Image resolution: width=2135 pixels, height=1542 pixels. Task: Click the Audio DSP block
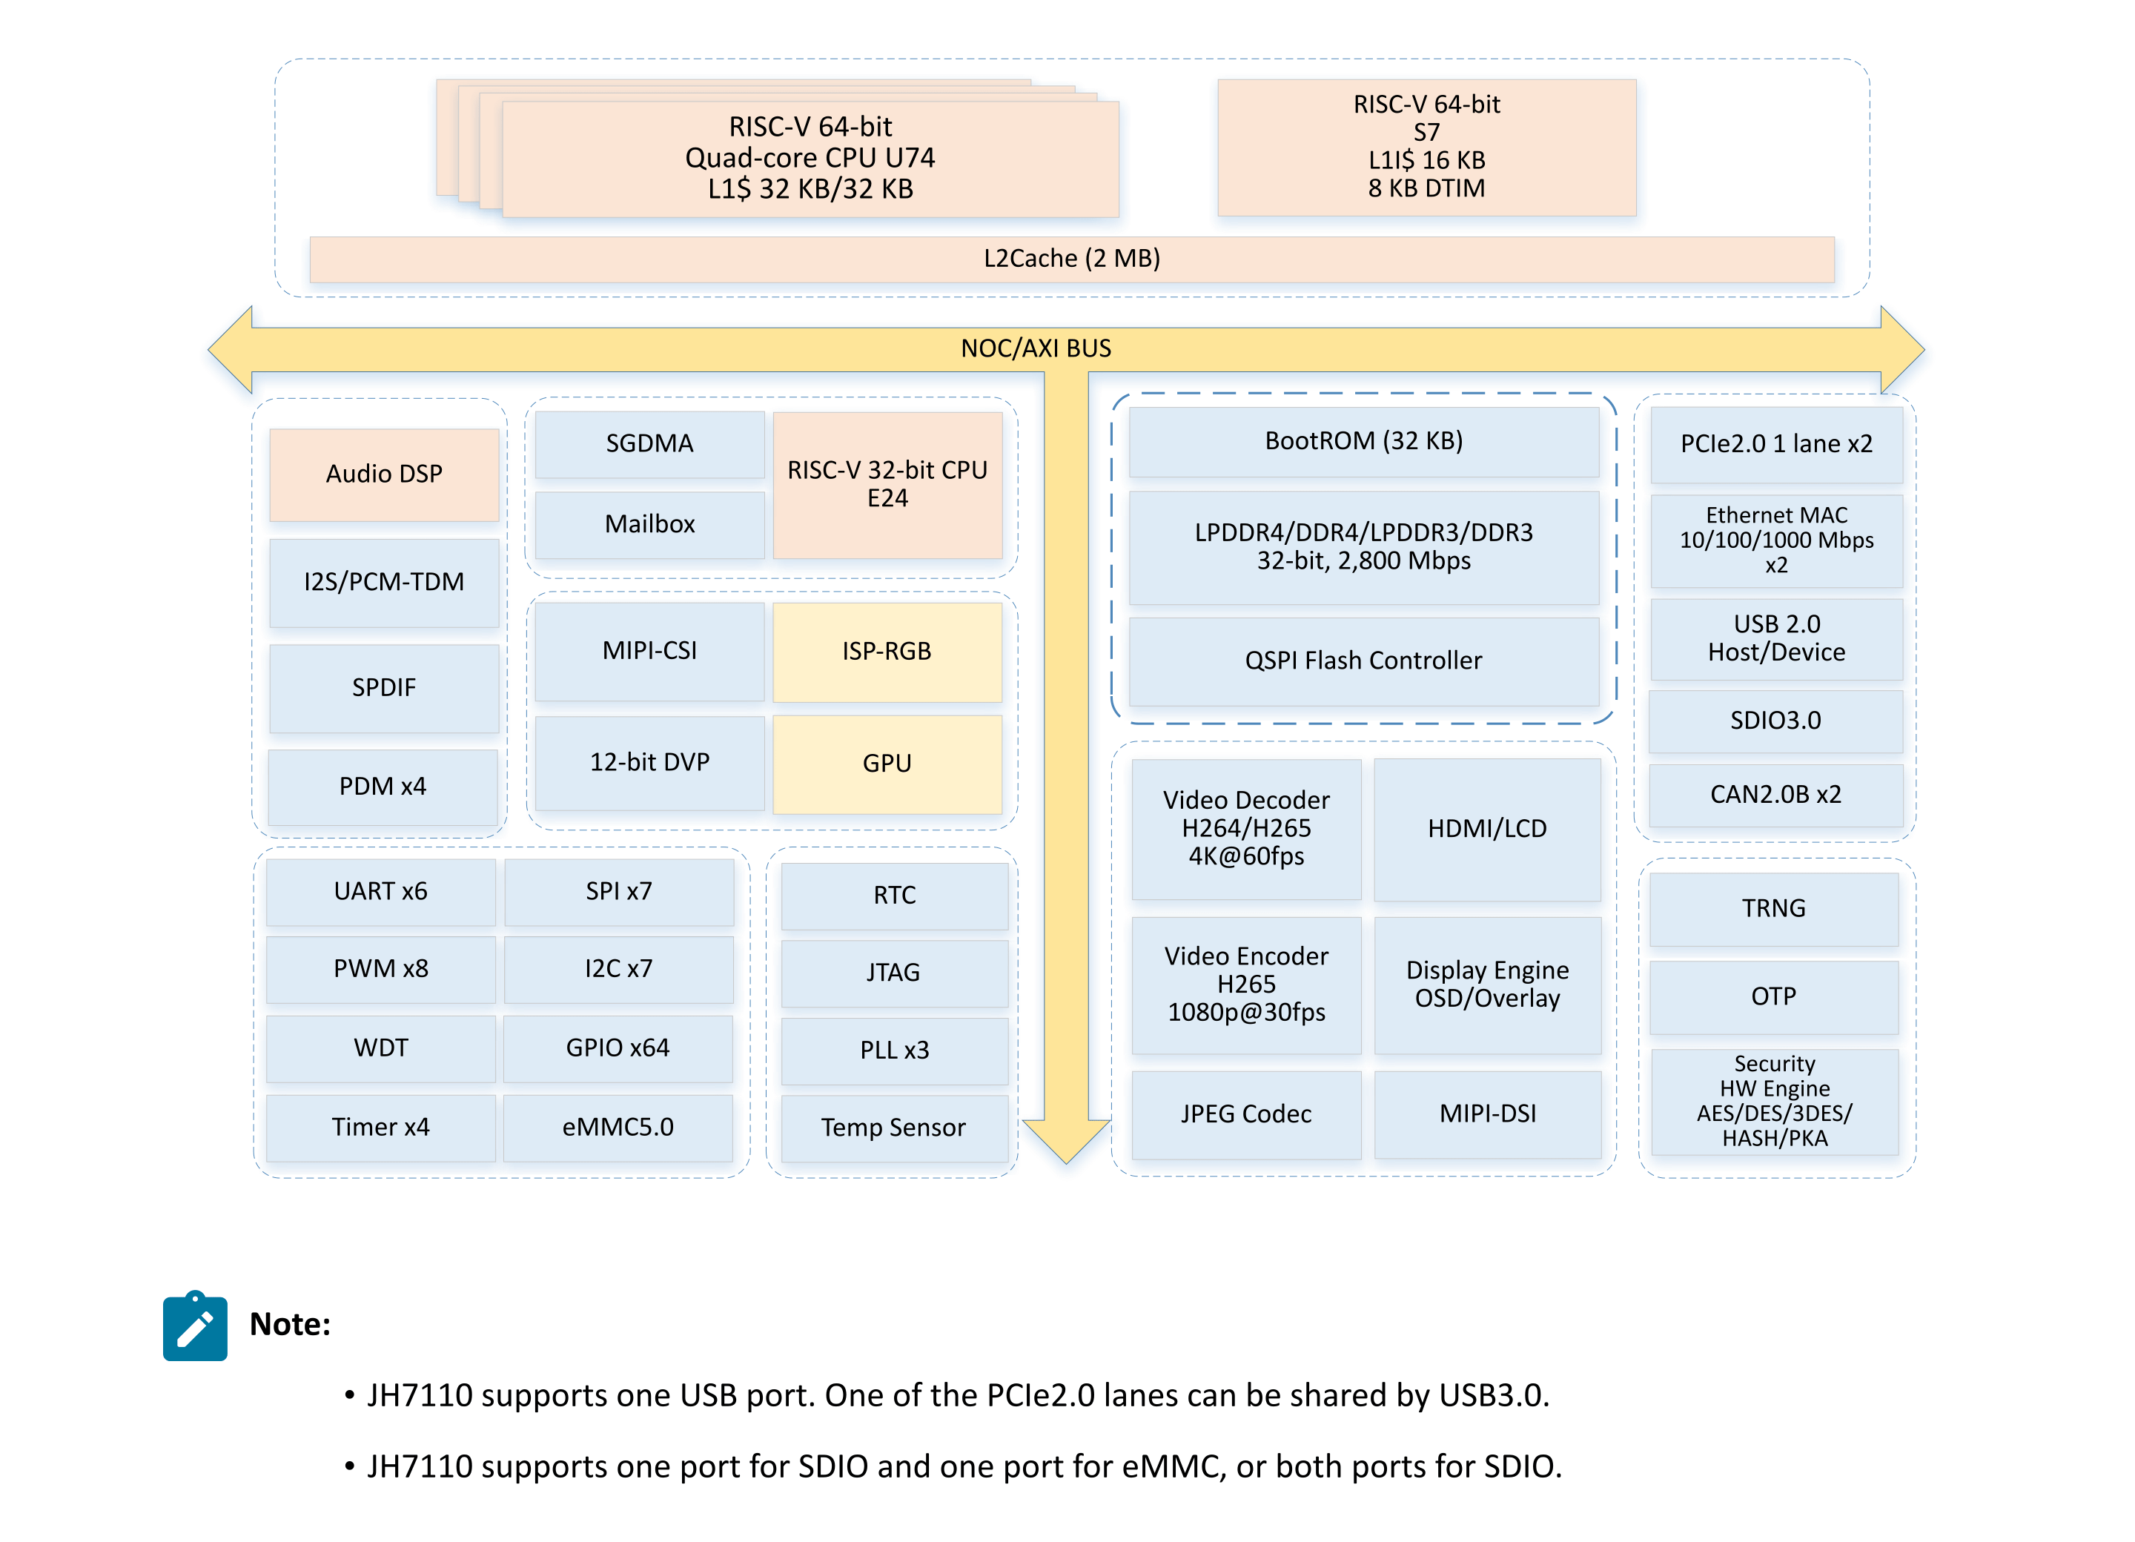383,474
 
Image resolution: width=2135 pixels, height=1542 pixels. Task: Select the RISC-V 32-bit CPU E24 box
887,484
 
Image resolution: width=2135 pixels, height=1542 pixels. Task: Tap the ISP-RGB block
887,652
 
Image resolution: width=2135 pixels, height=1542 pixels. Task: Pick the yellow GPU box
887,764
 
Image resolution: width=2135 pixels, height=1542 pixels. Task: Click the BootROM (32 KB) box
1363,442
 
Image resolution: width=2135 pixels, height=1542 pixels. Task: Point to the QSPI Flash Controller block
1363,661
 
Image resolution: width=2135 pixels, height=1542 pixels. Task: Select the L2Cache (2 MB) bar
1071,259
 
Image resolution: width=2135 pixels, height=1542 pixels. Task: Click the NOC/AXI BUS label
1036,349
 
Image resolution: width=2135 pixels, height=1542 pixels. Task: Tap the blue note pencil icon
195,1326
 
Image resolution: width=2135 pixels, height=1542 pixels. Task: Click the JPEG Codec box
1245,1114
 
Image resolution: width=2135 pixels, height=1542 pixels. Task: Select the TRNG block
1773,908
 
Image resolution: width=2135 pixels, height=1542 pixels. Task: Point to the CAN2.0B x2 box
1775,795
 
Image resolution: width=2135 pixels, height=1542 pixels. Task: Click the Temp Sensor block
893,1128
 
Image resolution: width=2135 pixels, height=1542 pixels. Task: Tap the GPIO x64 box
618,1049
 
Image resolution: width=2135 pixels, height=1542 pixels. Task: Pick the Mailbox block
649,524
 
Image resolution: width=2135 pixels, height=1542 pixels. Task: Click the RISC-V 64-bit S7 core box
1426,147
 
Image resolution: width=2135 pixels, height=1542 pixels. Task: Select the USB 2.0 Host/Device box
1776,638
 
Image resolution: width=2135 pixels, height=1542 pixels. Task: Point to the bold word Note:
290,1325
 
